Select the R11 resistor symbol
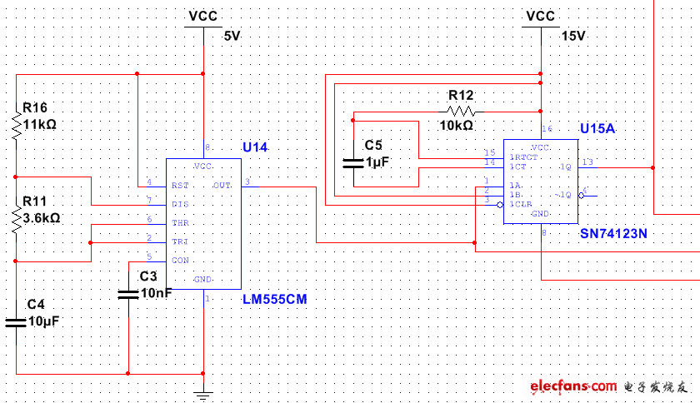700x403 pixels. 16,219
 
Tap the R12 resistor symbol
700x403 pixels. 460,111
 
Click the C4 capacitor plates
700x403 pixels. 16,321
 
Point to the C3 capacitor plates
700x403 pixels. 128,293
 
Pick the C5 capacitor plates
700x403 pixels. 353,163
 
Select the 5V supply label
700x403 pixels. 232,36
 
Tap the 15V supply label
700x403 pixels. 572,36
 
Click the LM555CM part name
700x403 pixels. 274,298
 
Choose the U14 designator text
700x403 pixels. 255,147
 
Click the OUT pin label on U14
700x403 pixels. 222,185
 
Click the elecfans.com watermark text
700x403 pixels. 572,387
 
